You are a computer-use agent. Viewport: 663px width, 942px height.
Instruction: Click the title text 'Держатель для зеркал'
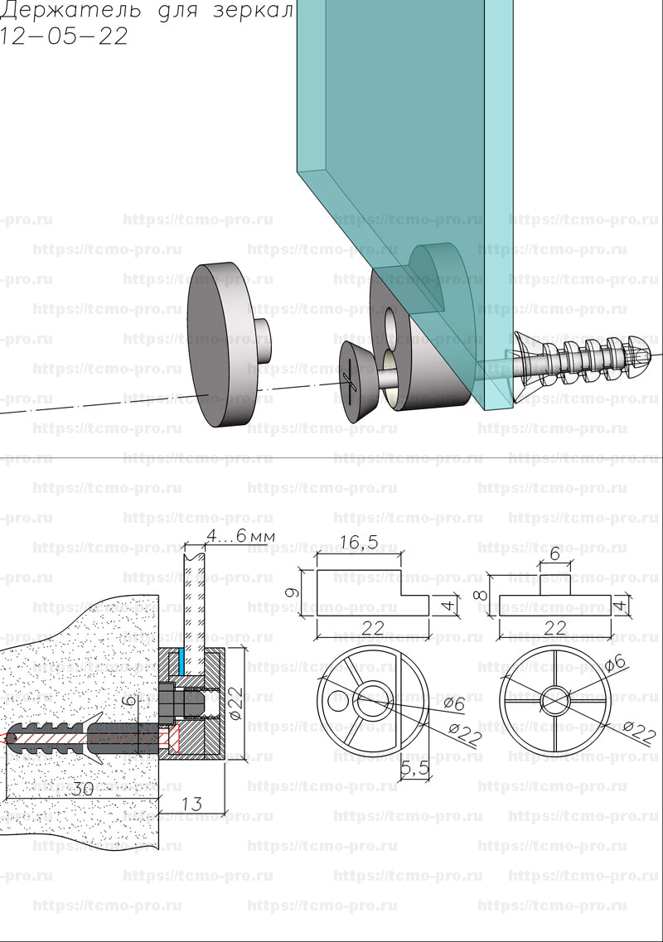tap(148, 13)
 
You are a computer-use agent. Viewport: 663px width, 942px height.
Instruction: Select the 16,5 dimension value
tap(359, 543)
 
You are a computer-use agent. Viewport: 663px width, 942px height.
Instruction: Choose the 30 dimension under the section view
tap(81, 789)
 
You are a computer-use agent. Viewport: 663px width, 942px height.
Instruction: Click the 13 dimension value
tap(191, 803)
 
